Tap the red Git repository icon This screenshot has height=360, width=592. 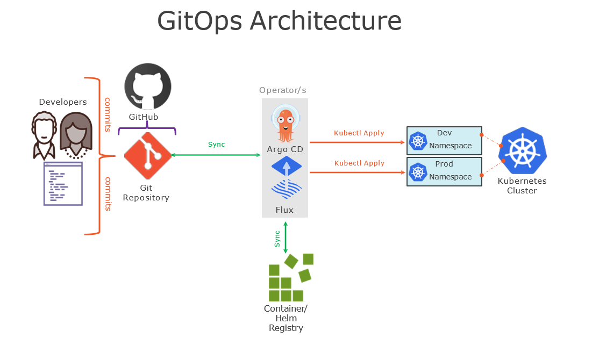point(147,156)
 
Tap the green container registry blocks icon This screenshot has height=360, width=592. point(290,278)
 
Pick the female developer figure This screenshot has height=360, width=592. point(75,135)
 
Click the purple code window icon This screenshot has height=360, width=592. point(63,184)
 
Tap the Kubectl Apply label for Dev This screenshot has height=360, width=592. point(359,133)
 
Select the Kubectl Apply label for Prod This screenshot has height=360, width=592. point(359,163)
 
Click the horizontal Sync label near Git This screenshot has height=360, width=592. point(216,145)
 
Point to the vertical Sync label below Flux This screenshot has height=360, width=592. point(277,239)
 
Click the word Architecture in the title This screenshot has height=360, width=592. point(325,21)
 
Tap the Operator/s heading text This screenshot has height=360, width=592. point(283,90)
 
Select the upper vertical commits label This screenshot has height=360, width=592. point(108,114)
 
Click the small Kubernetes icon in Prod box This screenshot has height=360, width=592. point(418,172)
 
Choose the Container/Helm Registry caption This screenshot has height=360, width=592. point(286,318)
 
